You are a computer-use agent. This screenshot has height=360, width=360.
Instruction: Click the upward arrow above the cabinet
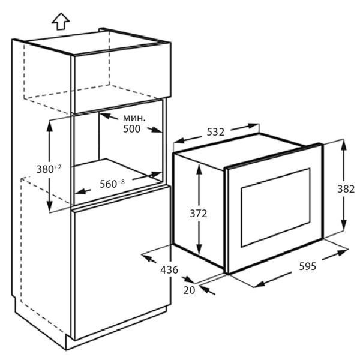tap(61, 22)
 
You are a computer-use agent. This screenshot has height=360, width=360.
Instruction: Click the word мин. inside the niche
tap(134, 118)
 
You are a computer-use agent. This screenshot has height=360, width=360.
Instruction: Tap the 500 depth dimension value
tap(132, 129)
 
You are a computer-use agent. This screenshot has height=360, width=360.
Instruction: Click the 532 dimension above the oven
tap(215, 132)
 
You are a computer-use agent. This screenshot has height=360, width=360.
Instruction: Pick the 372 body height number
tap(199, 214)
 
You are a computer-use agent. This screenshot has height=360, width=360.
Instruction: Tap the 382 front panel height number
tap(346, 189)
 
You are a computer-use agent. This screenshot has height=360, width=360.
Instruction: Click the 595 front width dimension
tap(308, 266)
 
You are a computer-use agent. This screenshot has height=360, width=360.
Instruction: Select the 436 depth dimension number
tap(169, 270)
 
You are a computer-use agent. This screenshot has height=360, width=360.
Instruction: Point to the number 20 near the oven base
tap(189, 290)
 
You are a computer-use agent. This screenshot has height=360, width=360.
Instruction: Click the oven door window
tap(275, 208)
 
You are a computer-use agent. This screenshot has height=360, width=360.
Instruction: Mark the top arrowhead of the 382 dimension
tap(344, 145)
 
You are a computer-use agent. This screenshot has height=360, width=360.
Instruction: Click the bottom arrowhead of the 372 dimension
tap(199, 250)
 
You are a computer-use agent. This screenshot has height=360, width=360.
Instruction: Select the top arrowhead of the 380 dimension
tap(49, 126)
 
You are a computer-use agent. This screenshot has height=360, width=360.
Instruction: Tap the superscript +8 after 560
tap(121, 182)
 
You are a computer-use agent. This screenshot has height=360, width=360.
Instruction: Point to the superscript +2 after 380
tap(58, 167)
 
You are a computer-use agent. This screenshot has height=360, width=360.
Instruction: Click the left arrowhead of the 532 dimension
tap(179, 140)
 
